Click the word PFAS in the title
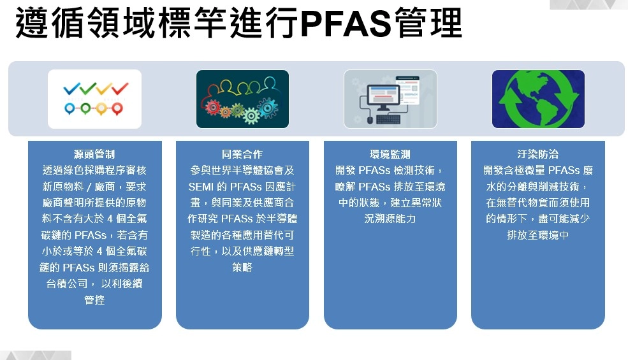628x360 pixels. pyautogui.click(x=346, y=24)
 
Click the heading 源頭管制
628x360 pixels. pyautogui.click(x=94, y=154)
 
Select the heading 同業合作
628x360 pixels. pyautogui.click(x=242, y=154)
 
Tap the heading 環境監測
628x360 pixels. pyautogui.click(x=390, y=154)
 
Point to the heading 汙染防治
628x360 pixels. pyautogui.click(x=538, y=154)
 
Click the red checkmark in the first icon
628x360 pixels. pyautogui.click(x=120, y=88)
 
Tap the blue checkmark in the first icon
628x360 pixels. pyautogui.click(x=71, y=89)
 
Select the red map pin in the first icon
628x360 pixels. pyautogui.click(x=117, y=108)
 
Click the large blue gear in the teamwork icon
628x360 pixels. pyautogui.click(x=267, y=107)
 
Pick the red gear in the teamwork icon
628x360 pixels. pyautogui.click(x=213, y=107)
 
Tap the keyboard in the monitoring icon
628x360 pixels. pyautogui.click(x=388, y=119)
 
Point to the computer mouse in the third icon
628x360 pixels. pyautogui.click(x=370, y=119)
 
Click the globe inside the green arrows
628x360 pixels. pyautogui.click(x=538, y=99)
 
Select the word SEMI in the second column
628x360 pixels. pyautogui.click(x=201, y=187)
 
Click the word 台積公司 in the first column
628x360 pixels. pyautogui.click(x=67, y=284)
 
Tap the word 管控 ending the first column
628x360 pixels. pyautogui.click(x=94, y=300)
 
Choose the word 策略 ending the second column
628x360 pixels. pyautogui.click(x=242, y=267)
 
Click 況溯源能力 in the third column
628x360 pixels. pyautogui.click(x=390, y=219)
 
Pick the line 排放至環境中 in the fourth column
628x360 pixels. pyautogui.click(x=538, y=235)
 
